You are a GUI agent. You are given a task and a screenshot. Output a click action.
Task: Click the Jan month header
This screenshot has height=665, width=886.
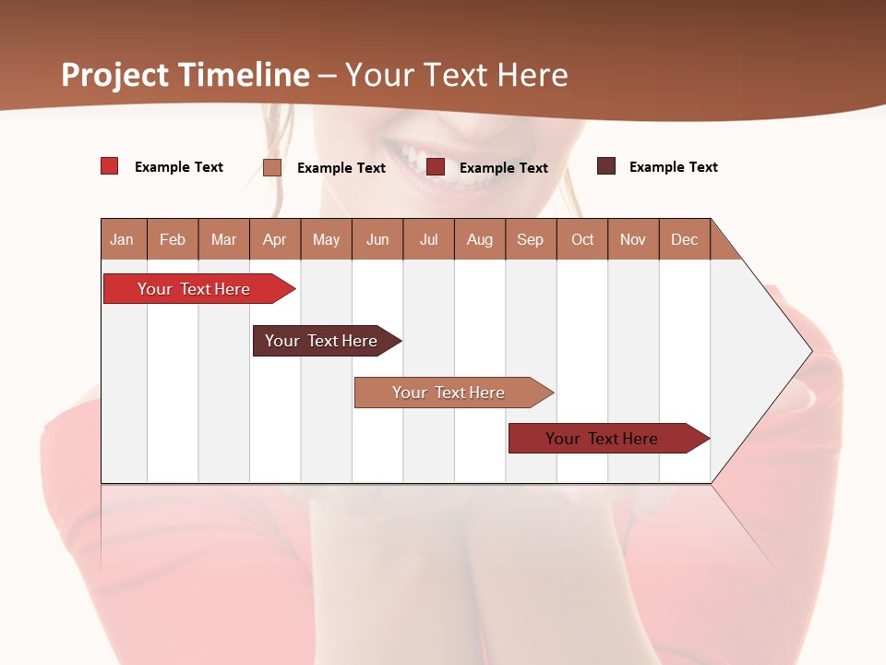coord(122,239)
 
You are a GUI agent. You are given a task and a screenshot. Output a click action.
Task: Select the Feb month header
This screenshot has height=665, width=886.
coord(173,239)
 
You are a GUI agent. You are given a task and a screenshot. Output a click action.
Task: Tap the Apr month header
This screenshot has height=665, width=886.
coord(275,239)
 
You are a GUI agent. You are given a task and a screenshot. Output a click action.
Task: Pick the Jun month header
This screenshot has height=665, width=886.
coord(377,239)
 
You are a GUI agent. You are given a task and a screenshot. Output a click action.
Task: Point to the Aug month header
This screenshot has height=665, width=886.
coord(480,239)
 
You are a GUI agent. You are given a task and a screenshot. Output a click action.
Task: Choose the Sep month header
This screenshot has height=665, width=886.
coord(531,239)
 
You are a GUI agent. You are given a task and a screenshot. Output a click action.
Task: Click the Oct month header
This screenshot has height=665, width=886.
coord(582,239)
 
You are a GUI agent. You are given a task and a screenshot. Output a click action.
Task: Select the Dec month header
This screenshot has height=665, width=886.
coord(685,239)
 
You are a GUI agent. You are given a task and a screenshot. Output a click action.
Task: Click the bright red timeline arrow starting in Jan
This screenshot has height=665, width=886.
coord(194,289)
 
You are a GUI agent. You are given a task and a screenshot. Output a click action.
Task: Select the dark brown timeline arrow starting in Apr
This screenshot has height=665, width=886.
coord(321,341)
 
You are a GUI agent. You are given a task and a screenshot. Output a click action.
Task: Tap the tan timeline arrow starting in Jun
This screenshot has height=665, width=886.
coord(449,393)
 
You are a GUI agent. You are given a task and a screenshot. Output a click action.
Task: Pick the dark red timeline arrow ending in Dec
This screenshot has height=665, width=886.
coord(602,439)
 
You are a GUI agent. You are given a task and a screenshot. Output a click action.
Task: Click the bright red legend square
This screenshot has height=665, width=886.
coord(110,166)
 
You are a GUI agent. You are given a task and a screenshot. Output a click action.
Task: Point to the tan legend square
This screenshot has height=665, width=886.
coord(272,167)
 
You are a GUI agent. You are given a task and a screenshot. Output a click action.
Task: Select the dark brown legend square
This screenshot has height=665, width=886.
coord(606,166)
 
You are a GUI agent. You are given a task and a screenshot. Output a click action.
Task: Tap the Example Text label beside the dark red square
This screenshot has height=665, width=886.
coord(503,168)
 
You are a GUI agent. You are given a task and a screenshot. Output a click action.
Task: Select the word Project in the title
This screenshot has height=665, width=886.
coord(115,75)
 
